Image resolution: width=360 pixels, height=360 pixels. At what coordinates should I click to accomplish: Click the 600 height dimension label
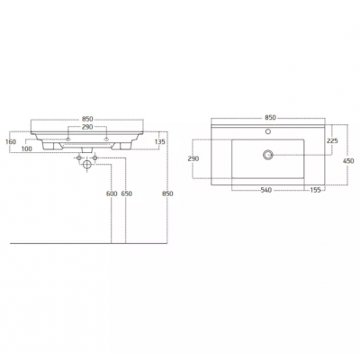pyautogui.click(x=112, y=193)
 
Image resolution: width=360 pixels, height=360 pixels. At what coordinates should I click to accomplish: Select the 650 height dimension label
pyautogui.click(x=126, y=193)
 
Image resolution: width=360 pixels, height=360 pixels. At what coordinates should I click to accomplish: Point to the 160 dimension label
pyautogui.click(x=11, y=141)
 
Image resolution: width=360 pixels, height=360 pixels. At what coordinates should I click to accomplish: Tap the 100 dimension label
pyautogui.click(x=27, y=148)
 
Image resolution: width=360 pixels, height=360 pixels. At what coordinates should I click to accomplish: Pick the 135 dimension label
pyautogui.click(x=159, y=141)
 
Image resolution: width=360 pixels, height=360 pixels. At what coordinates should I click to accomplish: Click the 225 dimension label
pyautogui.click(x=332, y=140)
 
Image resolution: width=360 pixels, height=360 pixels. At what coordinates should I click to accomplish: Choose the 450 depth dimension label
pyautogui.click(x=347, y=161)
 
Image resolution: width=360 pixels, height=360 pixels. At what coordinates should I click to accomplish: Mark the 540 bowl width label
pyautogui.click(x=266, y=190)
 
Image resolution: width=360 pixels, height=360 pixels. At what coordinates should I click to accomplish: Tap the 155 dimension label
pyautogui.click(x=315, y=190)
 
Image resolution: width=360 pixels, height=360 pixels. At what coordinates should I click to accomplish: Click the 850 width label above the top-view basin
pyautogui.click(x=270, y=118)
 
